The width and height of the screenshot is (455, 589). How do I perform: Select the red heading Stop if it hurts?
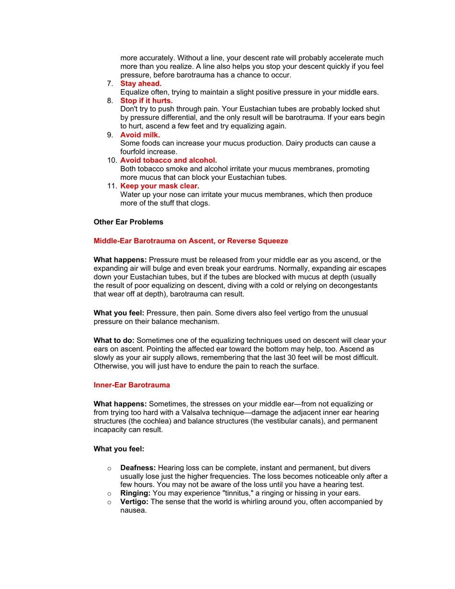click(x=146, y=101)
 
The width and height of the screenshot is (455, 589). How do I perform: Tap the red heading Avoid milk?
click(x=140, y=135)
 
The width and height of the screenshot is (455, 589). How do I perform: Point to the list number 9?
click(x=110, y=135)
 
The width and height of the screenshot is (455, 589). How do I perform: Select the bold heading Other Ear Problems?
click(x=128, y=222)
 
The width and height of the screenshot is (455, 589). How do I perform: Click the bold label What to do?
click(x=114, y=341)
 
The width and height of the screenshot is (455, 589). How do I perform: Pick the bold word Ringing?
click(x=136, y=493)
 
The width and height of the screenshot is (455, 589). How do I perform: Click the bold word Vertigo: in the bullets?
click(x=135, y=502)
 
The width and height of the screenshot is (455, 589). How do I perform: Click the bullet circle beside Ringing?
click(x=109, y=494)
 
